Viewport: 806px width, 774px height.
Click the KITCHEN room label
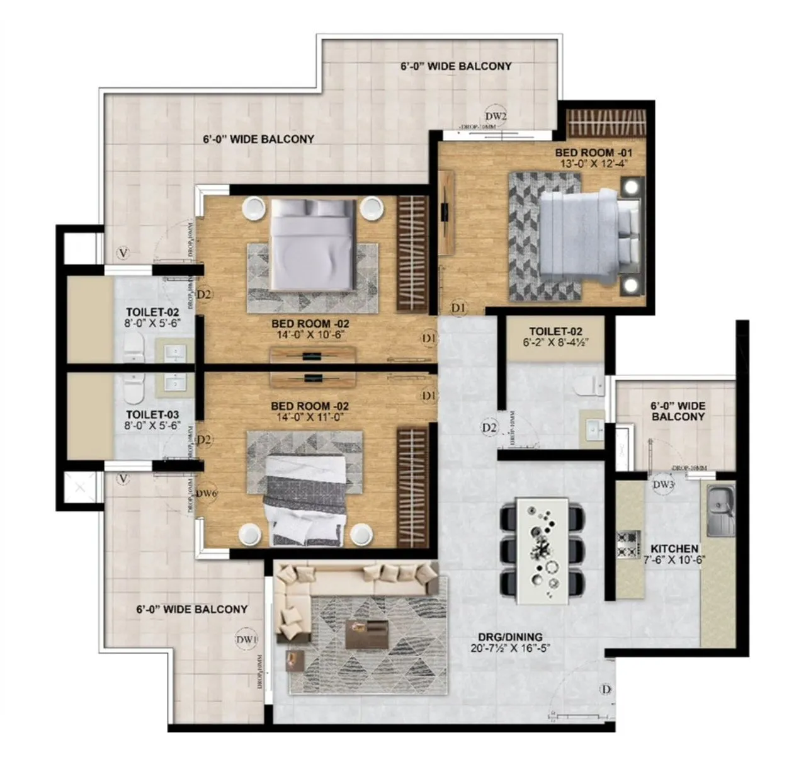[674, 549]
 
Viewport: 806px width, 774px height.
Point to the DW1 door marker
[247, 640]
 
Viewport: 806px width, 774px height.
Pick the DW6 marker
[206, 494]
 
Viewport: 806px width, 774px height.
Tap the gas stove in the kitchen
[627, 544]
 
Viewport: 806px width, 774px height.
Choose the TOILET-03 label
[152, 414]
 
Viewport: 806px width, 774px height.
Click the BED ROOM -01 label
[593, 152]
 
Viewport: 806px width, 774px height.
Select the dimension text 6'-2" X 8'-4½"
[555, 343]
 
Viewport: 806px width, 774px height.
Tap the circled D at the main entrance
[606, 690]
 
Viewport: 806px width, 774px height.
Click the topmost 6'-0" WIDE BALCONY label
[456, 66]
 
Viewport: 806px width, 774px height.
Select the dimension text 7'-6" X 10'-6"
[674, 560]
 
